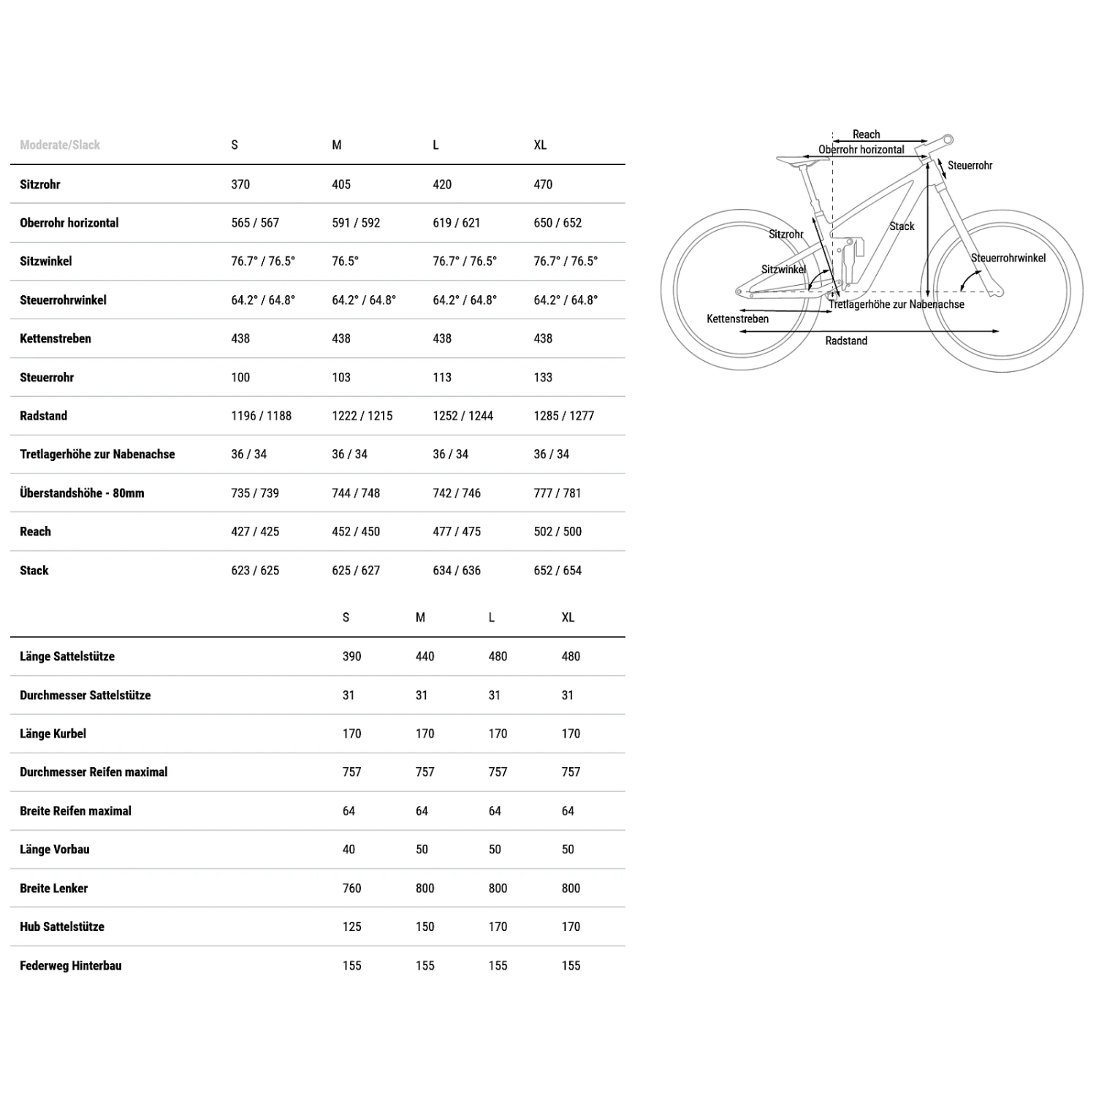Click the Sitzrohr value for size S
point(240,184)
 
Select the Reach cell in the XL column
point(557,531)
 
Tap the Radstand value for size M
point(362,416)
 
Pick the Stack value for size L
point(457,570)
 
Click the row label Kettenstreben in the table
point(56,338)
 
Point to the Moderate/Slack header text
point(60,145)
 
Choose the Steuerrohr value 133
point(543,377)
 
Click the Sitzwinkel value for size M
point(345,261)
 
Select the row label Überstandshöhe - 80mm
point(82,492)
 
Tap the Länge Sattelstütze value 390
point(351,656)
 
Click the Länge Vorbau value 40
point(349,849)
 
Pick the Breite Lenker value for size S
point(351,888)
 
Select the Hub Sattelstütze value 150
point(425,926)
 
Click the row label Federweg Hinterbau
point(71,965)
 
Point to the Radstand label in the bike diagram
point(846,340)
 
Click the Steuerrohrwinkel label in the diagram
point(1008,258)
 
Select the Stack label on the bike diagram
point(902,227)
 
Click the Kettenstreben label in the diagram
point(737,319)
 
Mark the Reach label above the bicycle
point(866,134)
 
